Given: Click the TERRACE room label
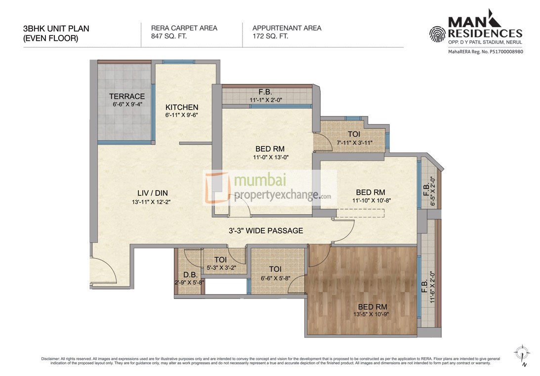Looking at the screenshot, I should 127,96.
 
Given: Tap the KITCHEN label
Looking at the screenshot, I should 182,107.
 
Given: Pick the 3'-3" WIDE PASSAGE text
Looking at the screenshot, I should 266,230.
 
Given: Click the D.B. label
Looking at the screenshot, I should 189,274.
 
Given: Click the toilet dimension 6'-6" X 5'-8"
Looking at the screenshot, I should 275,278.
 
